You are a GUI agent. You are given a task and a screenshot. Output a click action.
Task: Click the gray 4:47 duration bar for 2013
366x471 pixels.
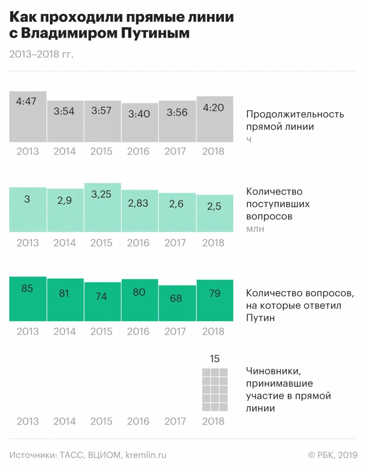(x=28, y=116)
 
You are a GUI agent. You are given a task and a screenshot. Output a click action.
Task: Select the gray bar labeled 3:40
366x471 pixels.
(x=139, y=122)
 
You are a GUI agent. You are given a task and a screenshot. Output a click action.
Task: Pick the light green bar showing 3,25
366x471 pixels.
(x=102, y=207)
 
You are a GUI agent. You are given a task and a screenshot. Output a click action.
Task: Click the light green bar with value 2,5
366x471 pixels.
(x=215, y=213)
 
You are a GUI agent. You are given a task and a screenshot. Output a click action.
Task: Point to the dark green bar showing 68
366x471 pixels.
(x=177, y=303)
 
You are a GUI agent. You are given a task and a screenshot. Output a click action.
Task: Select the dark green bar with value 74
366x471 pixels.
(x=102, y=301)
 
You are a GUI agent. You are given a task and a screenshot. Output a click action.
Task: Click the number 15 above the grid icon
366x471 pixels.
(x=215, y=359)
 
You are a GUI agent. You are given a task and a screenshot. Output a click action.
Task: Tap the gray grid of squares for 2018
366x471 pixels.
(x=215, y=389)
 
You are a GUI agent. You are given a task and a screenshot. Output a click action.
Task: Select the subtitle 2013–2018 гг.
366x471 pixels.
(x=41, y=54)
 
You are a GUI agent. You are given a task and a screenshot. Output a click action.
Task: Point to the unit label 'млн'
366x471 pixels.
(x=255, y=229)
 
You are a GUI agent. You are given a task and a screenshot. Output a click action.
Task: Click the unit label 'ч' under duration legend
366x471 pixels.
(x=249, y=139)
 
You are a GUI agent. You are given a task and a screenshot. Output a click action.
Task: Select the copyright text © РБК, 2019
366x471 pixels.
(x=332, y=455)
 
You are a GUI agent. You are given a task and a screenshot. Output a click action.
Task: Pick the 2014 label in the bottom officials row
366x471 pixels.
(x=65, y=421)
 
